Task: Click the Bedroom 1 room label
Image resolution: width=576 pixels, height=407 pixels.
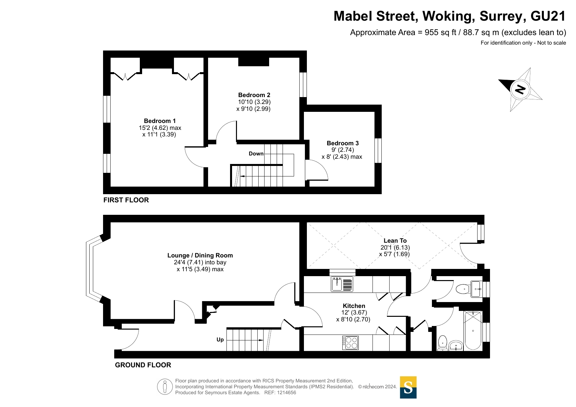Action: (160, 121)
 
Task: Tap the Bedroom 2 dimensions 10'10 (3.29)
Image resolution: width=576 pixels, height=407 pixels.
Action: (254, 102)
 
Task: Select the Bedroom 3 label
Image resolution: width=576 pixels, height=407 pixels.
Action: (343, 143)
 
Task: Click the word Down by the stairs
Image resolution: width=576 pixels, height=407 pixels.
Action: (256, 153)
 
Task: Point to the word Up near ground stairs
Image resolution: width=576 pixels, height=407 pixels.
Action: (220, 339)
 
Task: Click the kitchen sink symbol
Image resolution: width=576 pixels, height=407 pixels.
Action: (342, 284)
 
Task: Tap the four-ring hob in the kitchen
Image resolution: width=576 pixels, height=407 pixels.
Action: (350, 343)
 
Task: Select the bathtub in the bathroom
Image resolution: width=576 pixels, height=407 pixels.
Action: (473, 331)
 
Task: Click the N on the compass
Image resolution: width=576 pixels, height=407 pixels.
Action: (520, 89)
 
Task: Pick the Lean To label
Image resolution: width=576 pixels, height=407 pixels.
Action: (395, 241)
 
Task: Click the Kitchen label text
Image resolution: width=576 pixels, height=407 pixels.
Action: (354, 306)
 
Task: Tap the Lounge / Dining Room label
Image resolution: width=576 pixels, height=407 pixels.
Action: (200, 255)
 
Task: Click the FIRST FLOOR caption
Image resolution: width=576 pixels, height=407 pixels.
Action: (126, 200)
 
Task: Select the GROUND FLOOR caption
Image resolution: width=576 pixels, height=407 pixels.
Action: (143, 365)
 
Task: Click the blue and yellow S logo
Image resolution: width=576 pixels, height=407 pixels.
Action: (408, 387)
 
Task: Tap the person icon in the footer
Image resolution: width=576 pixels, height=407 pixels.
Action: (165, 387)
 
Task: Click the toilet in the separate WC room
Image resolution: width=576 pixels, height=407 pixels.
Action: (462, 289)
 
